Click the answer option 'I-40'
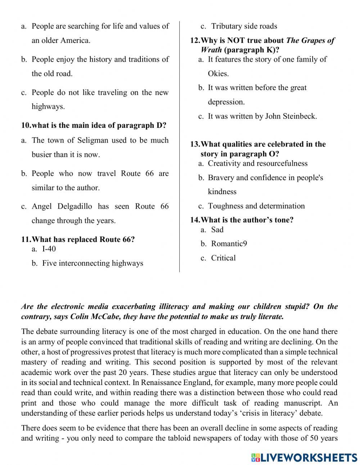coord(49,249)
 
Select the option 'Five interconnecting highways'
coord(93,263)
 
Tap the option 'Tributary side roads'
coord(244,26)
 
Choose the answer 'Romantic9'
coord(229,244)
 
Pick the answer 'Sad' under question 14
coord(217,230)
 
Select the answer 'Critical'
coord(223,258)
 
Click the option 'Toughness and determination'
coord(256,206)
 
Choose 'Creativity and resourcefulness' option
coord(257,164)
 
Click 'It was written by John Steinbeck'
coord(262,116)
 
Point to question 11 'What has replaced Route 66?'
coord(78,240)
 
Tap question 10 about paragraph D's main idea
coord(94,126)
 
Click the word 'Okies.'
coord(218,74)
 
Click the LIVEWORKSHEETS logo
coord(304,457)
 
